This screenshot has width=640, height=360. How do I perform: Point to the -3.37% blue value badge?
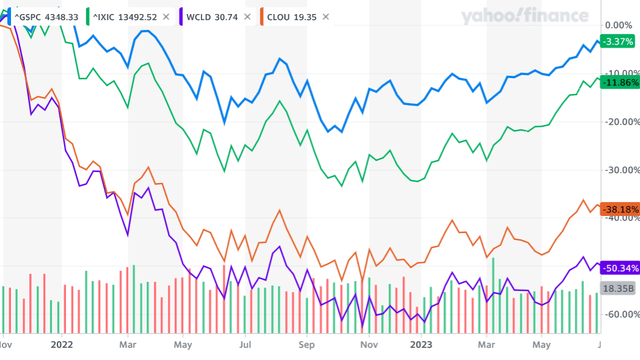tap(619, 41)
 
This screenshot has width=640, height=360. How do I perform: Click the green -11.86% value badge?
tap(618, 81)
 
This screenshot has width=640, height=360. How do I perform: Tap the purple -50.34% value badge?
tap(618, 268)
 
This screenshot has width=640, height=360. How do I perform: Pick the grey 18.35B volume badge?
tap(618, 288)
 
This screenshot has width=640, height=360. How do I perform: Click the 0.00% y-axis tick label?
tap(620, 24)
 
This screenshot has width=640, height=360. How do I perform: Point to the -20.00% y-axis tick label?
tap(620, 121)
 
